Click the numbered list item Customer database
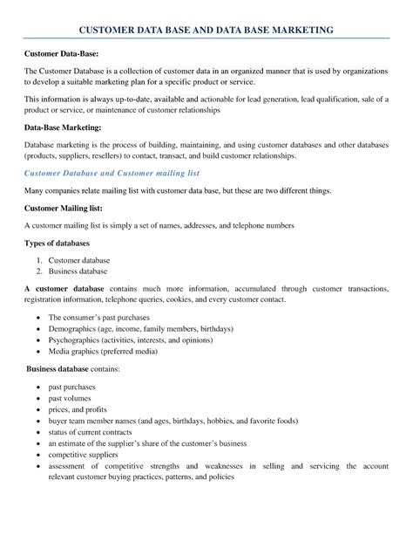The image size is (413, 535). pyautogui.click(x=78, y=260)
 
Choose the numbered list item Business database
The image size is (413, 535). pyautogui.click(x=78, y=271)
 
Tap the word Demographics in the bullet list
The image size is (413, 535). pyautogui.click(x=73, y=331)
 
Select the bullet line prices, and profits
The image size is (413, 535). pyautogui.click(x=78, y=409)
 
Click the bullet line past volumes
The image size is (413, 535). pyautogui.click(x=70, y=398)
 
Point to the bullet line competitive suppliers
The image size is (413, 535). pyautogui.click(x=86, y=455)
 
